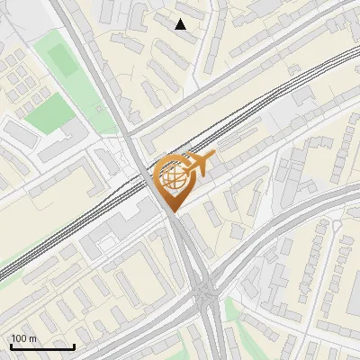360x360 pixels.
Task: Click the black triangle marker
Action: click(181, 24)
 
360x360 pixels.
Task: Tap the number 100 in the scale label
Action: click(20, 338)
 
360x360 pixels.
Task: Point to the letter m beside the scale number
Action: click(32, 338)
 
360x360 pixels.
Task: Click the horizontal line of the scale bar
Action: click(42, 346)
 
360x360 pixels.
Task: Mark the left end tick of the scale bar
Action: click(11, 345)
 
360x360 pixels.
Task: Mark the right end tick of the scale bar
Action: click(74, 345)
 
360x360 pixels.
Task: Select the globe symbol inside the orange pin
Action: click(172, 176)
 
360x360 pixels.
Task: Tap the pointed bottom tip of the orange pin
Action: click(172, 211)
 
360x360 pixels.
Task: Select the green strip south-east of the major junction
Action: click(236, 310)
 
